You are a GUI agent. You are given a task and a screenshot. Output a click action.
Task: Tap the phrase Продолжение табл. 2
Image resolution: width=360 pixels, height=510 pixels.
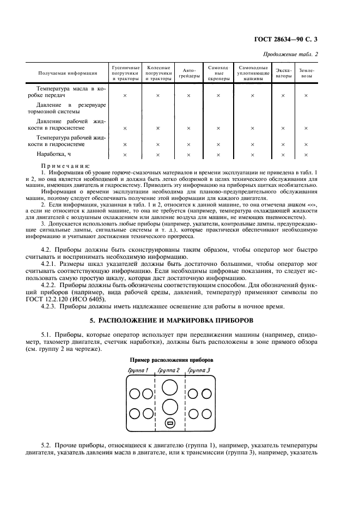(x=291, y=54)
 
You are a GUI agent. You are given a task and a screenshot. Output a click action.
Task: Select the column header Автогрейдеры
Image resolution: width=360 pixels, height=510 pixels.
(x=188, y=73)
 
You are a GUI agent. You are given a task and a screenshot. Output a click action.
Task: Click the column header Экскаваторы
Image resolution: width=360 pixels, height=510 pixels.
(x=283, y=73)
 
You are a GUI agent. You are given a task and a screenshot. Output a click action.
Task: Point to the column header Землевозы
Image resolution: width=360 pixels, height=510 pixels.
(x=306, y=73)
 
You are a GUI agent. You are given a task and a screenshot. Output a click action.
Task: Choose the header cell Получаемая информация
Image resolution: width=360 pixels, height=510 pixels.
(x=68, y=73)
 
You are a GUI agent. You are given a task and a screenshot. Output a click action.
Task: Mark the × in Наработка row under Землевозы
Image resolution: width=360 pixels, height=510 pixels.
(x=306, y=155)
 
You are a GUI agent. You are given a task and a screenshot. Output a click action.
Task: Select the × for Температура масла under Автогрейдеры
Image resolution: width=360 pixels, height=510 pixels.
(x=188, y=95)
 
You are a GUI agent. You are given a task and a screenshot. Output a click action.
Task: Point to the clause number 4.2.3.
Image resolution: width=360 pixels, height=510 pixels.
(x=50, y=307)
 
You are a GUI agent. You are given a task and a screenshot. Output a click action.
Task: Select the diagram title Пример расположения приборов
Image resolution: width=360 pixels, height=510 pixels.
(x=171, y=361)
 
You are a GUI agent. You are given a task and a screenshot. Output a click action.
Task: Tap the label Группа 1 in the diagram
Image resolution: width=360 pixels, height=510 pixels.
(x=138, y=371)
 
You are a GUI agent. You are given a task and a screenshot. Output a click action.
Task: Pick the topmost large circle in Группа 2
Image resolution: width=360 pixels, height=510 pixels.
(x=169, y=387)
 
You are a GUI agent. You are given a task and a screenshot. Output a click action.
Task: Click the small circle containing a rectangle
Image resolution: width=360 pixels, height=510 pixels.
(x=169, y=423)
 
